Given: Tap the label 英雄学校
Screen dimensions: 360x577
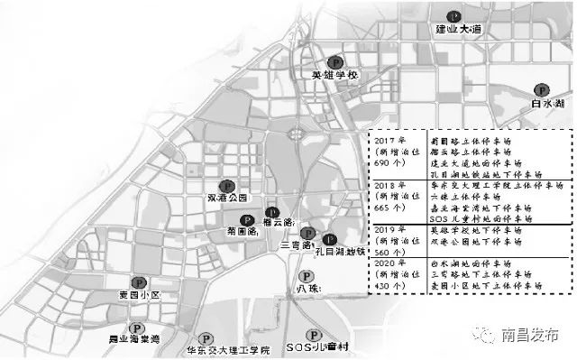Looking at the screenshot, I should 334,76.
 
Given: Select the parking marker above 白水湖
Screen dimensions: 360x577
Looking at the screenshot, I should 542,90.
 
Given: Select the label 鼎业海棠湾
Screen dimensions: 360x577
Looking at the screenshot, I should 133,341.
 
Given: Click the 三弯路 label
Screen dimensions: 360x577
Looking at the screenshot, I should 297,245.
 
